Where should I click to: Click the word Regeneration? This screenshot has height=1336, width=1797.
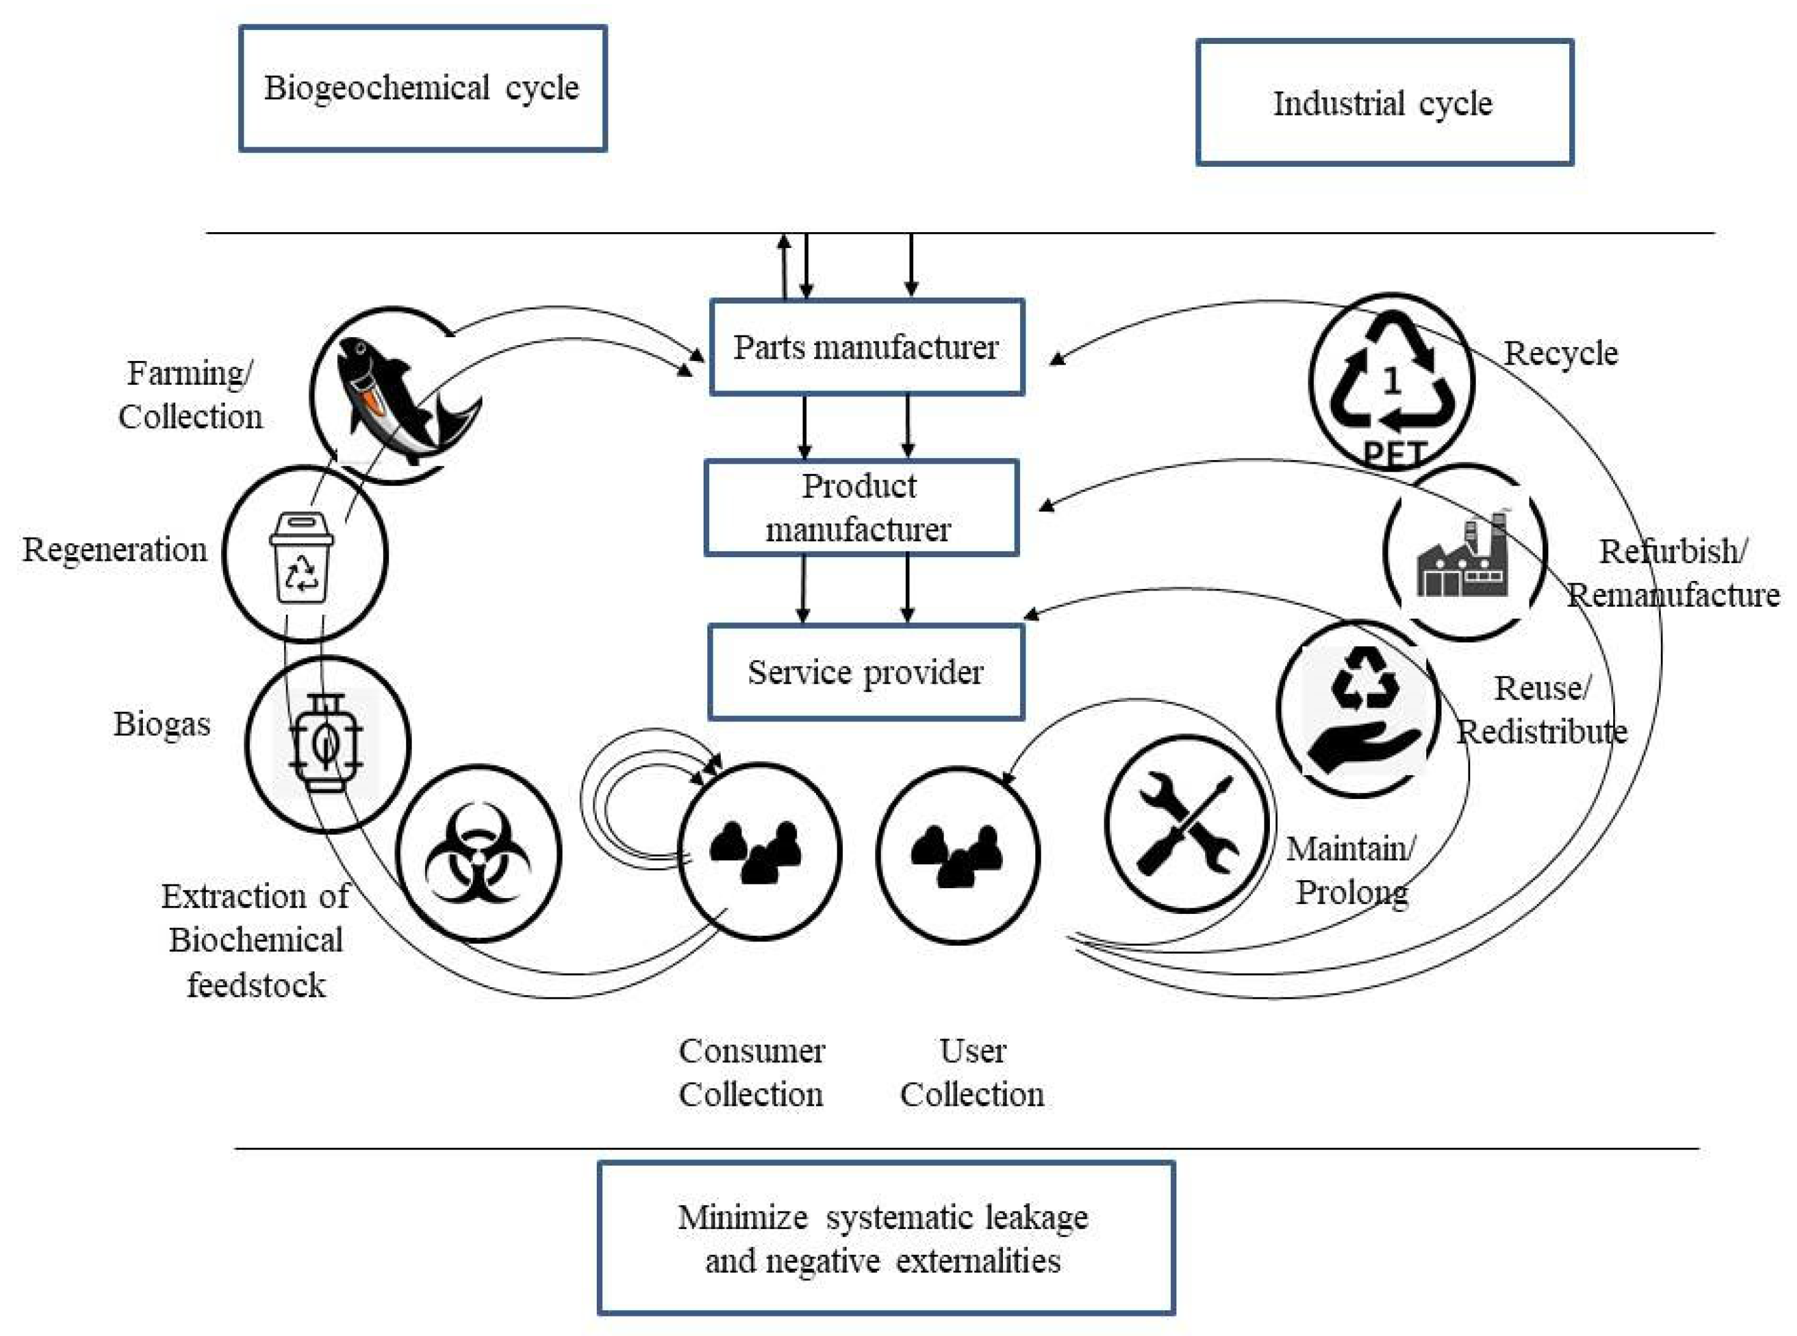(115, 550)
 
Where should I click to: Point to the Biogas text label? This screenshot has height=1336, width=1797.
(162, 725)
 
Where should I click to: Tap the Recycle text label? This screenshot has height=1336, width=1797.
(1561, 354)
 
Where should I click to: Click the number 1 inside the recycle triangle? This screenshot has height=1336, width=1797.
(1391, 382)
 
